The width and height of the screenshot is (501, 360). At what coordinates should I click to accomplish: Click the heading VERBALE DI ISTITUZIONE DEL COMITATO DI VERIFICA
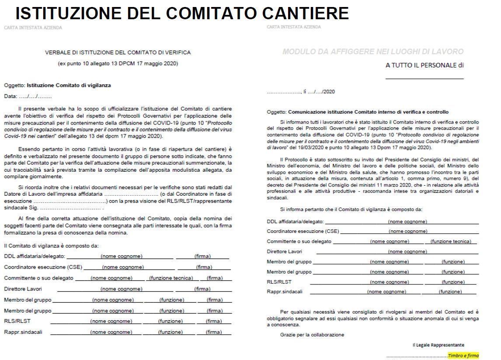[x=118, y=52]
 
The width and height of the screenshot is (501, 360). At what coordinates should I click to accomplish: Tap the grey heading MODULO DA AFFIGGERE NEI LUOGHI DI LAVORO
[x=373, y=52]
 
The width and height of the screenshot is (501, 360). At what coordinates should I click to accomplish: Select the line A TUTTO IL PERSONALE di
[x=424, y=66]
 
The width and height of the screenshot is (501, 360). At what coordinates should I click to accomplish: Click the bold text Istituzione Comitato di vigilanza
[x=69, y=86]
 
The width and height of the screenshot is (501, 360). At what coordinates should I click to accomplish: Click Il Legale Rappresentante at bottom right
[x=438, y=345]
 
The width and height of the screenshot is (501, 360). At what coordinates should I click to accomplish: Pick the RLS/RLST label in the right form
[x=279, y=282]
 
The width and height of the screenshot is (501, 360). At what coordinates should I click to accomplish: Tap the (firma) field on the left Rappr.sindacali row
[x=214, y=332]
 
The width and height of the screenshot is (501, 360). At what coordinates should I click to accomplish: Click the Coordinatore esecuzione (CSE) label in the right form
[x=303, y=231]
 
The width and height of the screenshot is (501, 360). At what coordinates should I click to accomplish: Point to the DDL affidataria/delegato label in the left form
[x=35, y=256]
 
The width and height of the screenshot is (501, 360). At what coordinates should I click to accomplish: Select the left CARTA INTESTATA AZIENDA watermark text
[x=33, y=28]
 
